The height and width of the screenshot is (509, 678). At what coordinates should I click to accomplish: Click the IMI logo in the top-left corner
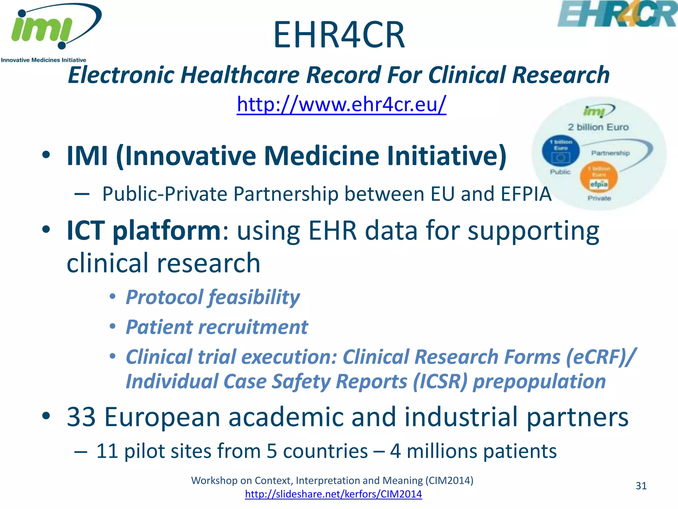point(50,31)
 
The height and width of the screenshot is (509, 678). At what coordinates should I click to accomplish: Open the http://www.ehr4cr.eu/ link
point(341,105)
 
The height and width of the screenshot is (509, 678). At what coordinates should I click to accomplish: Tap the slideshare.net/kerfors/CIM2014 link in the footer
point(333,494)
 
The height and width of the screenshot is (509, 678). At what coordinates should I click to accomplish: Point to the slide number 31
point(641,486)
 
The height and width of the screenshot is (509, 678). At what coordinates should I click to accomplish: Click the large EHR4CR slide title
point(339,35)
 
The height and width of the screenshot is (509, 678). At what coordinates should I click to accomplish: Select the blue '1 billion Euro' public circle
point(561,150)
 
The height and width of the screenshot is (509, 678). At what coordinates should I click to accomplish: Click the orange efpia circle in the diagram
point(599,177)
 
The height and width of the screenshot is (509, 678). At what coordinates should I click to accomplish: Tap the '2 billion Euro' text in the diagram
point(598,127)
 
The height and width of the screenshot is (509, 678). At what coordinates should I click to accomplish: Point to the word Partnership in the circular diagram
point(610,153)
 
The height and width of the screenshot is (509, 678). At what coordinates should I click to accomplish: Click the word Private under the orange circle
point(599,198)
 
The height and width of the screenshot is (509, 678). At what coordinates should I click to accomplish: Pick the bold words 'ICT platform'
point(144,231)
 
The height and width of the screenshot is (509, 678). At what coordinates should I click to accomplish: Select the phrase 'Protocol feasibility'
point(213,297)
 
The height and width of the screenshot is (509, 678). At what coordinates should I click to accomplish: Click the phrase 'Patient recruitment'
point(217,327)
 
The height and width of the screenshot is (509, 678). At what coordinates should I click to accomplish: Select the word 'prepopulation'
point(539,382)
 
